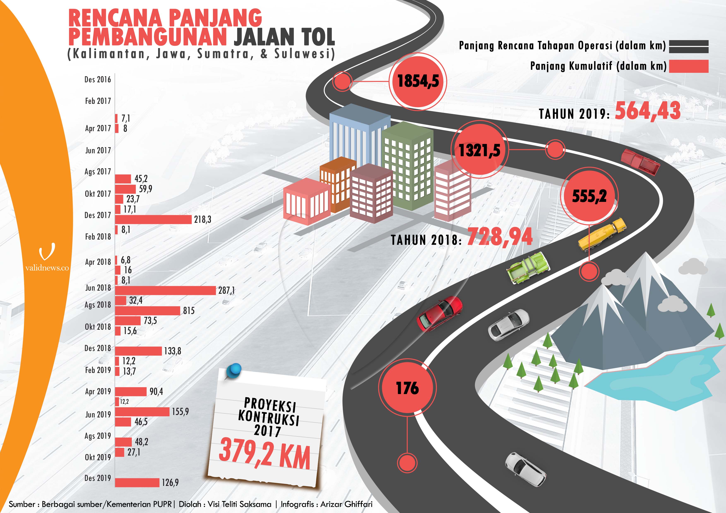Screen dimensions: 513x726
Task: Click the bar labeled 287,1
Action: pos(165,290)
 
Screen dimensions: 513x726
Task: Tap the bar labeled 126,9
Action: pos(137,482)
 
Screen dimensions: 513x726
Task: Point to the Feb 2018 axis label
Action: pos(98,236)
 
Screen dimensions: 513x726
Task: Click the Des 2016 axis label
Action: pos(98,79)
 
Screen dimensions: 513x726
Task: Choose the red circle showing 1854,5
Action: pos(418,81)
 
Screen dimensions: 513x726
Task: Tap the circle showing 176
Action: pos(407,388)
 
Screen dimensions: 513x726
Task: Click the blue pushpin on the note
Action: pos(234,370)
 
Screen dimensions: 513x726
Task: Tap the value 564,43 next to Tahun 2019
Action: pos(648,111)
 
